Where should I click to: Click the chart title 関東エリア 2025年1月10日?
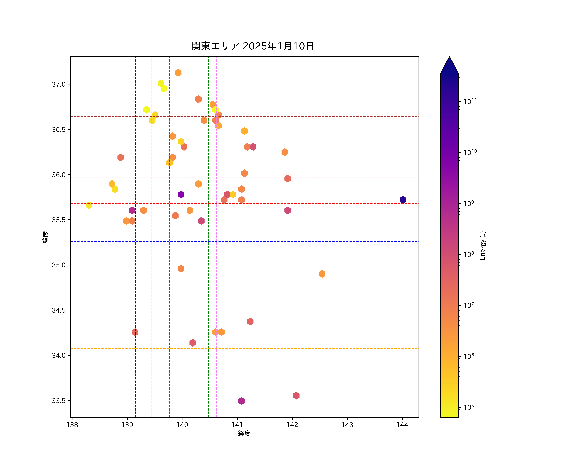pos(252,46)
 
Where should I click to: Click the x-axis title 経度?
pos(244,433)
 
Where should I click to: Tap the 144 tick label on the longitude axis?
pos(402,425)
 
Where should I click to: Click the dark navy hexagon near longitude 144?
pos(402,200)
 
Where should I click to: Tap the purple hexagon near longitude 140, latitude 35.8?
pos(181,194)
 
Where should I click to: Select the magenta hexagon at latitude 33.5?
pos(241,401)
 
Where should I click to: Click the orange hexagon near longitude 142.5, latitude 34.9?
pos(322,274)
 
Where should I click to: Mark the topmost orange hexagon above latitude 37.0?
pos(178,73)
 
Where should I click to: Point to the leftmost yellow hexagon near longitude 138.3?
pos(89,205)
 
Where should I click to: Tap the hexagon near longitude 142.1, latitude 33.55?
pos(296,396)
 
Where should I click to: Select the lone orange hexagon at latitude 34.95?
pos(181,269)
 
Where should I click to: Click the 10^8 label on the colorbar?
pos(469,254)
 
